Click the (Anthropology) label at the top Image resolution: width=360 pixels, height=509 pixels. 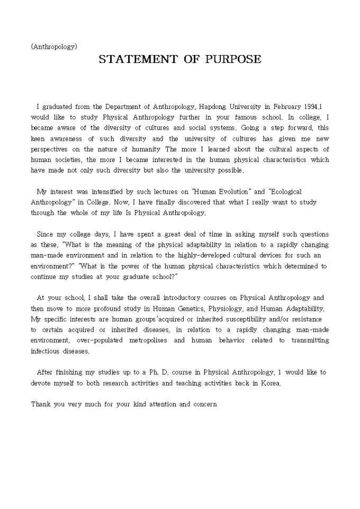(54, 47)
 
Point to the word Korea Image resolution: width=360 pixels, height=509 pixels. (268, 383)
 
